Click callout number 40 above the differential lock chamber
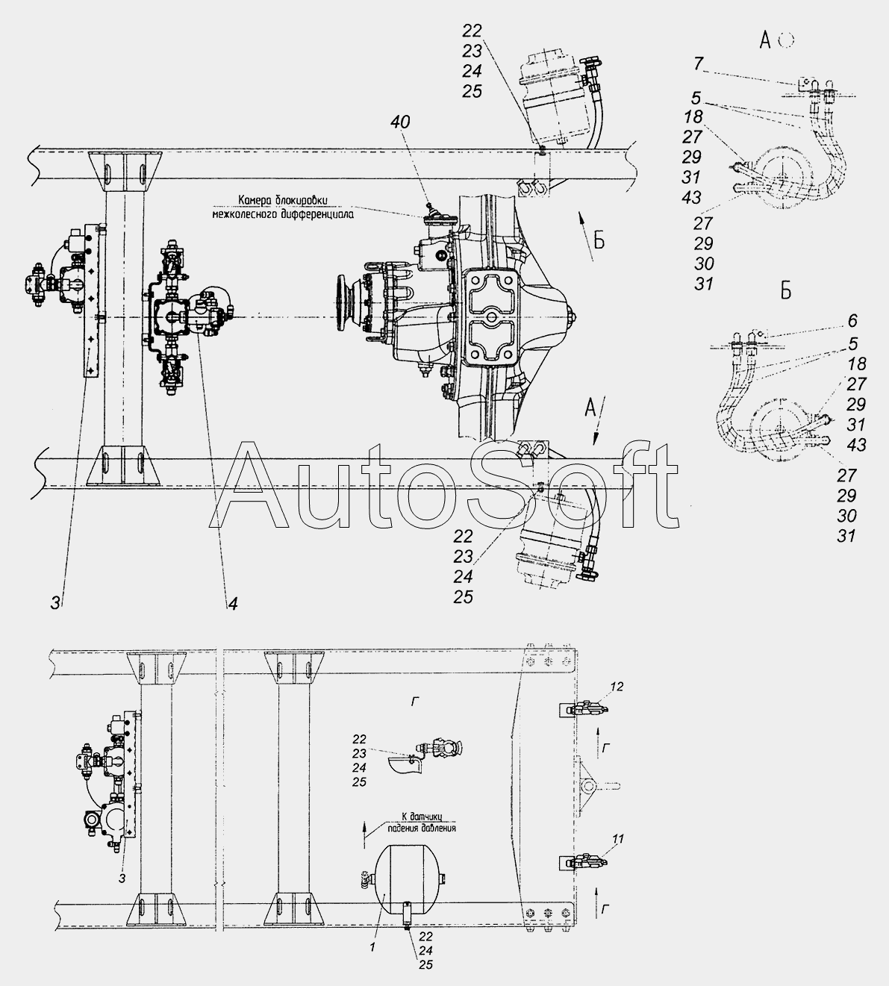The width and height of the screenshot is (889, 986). click(400, 122)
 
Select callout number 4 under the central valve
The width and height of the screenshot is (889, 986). click(233, 604)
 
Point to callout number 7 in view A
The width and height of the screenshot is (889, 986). click(699, 63)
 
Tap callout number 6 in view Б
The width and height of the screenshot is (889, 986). click(852, 321)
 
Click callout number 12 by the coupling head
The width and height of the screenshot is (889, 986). click(617, 687)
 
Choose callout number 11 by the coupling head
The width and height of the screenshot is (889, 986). click(617, 838)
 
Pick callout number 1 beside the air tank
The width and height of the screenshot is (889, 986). click(372, 946)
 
